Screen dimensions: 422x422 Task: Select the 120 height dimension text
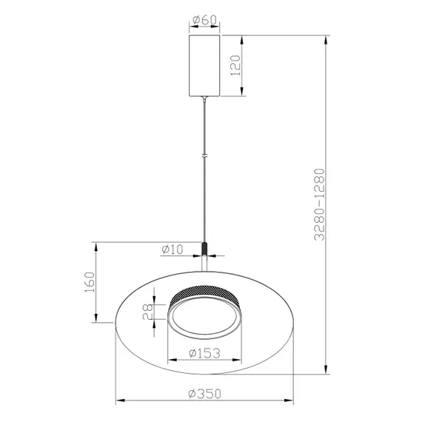click(x=235, y=68)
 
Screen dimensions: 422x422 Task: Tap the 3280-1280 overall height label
click(x=318, y=204)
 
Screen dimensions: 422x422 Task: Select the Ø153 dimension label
click(x=205, y=352)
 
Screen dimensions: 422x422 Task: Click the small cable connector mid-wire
click(x=206, y=155)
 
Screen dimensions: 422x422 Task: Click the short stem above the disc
click(x=206, y=267)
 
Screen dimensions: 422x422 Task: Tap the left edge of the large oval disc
click(x=117, y=324)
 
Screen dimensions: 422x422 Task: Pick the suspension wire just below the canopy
click(x=206, y=111)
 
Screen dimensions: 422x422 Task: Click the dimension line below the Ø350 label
click(x=205, y=402)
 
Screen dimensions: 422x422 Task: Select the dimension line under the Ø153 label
click(x=205, y=361)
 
